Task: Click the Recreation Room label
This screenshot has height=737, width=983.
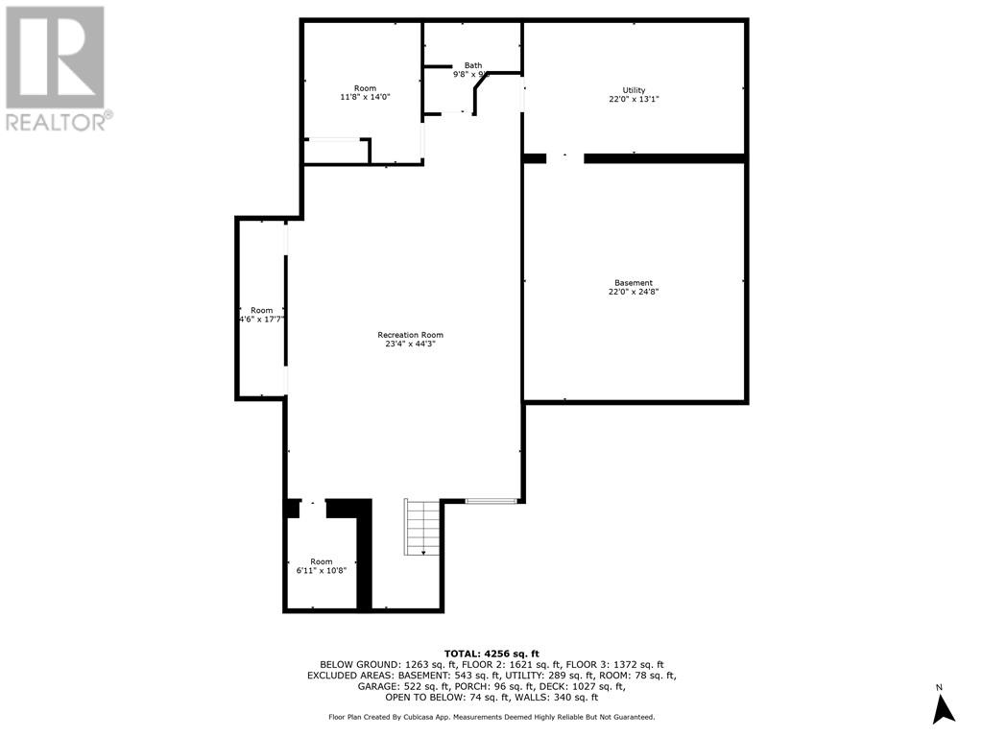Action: tap(410, 335)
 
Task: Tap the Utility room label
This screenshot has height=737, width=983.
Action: tap(634, 90)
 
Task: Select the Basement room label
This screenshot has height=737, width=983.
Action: tap(634, 283)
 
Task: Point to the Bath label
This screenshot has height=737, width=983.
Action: tap(473, 65)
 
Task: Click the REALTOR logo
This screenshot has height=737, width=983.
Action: tap(57, 67)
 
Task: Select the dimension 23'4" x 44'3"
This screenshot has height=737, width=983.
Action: tap(410, 345)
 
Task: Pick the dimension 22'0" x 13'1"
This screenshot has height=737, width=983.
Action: tap(634, 99)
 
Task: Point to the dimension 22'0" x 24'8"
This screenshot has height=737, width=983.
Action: tap(634, 292)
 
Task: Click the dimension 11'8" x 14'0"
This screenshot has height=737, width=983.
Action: tap(365, 97)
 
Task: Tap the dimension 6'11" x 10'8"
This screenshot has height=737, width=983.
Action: tap(321, 570)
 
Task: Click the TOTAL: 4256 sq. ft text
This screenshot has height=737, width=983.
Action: tap(491, 654)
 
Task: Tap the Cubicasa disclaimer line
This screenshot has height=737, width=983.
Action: tap(491, 717)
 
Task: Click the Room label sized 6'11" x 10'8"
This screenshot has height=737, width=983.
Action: tap(321, 561)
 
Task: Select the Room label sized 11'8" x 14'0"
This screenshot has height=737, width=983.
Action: tap(365, 88)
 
